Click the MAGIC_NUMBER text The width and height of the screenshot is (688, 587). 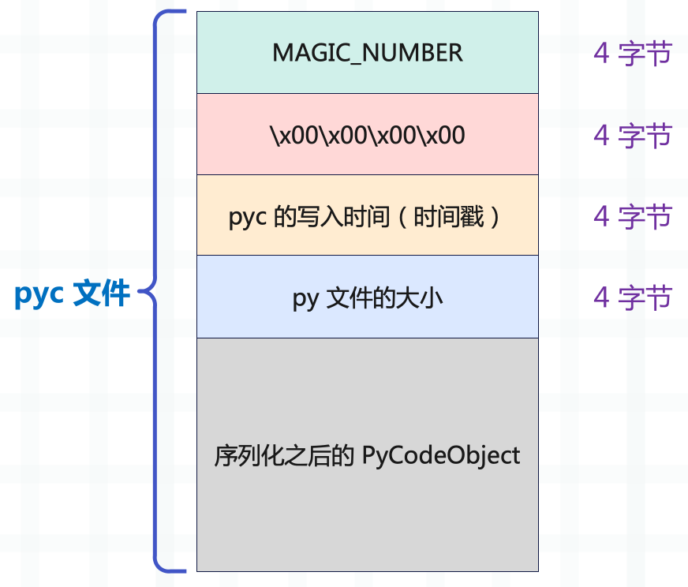click(x=367, y=53)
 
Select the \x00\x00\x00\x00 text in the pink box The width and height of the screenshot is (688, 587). click(x=367, y=136)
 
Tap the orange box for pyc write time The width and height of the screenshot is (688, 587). click(x=367, y=237)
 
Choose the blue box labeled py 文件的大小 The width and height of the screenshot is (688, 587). click(x=367, y=320)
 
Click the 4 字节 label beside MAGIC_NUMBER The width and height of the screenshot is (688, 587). click(x=632, y=54)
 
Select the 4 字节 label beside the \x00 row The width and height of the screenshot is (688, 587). click(x=632, y=136)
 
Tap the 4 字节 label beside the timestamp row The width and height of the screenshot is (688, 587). click(x=632, y=216)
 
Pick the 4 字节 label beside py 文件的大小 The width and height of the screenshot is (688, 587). click(x=632, y=297)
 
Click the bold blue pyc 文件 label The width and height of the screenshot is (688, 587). click(x=72, y=294)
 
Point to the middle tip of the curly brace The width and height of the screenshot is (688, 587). click(x=142, y=294)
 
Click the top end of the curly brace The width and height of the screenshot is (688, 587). click(x=183, y=13)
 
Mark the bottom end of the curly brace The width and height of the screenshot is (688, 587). click(x=183, y=569)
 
